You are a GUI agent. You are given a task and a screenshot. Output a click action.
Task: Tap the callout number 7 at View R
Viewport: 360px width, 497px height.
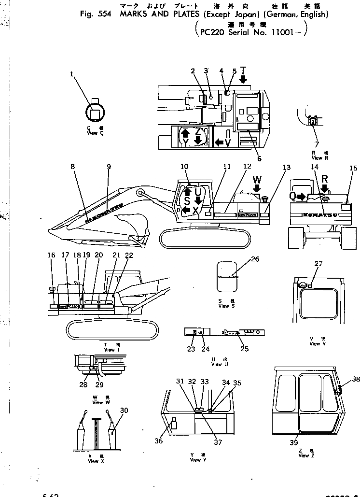(x=317, y=144)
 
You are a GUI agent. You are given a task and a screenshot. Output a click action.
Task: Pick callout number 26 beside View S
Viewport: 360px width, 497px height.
(x=255, y=259)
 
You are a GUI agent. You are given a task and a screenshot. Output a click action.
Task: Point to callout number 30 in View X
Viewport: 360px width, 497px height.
(x=124, y=410)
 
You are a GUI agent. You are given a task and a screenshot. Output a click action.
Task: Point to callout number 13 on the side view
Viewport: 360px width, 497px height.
(x=287, y=168)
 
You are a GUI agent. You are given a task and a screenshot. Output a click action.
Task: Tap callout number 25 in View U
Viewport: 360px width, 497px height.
(x=245, y=349)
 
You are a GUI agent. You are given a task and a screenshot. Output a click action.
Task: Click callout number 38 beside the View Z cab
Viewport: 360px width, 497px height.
(x=356, y=379)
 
